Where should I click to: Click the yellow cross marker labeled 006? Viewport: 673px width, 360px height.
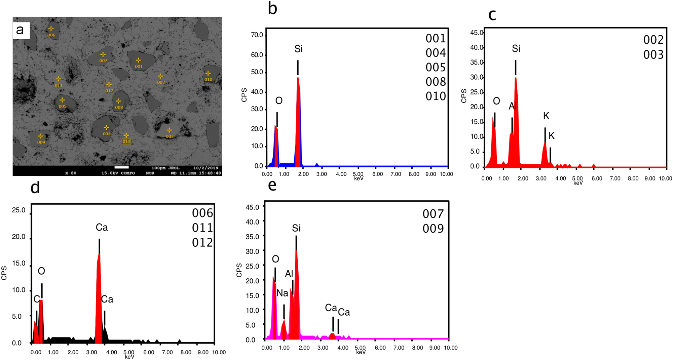[51, 29]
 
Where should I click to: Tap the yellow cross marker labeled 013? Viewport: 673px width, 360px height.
[126, 135]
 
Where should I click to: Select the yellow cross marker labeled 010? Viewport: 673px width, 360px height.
[208, 73]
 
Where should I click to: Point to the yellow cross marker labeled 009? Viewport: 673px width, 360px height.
[41, 136]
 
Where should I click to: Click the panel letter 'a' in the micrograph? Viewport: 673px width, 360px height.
[20, 30]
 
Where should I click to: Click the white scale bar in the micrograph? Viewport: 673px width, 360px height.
[121, 167]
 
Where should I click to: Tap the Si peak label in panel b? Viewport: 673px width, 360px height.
[298, 49]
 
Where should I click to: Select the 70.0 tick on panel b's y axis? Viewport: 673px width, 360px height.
[257, 35]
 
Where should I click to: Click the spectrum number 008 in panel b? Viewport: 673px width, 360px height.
[436, 82]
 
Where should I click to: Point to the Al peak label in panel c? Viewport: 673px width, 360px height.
[513, 107]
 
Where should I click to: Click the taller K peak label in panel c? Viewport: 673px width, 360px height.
[546, 116]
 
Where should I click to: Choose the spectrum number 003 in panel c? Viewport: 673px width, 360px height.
[653, 55]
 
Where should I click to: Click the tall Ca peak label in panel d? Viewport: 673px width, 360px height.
[102, 228]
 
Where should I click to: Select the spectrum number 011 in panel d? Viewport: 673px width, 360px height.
[202, 228]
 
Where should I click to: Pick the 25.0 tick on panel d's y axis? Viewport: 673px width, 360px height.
[18, 210]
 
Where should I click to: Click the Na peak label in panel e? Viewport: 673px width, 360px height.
[282, 293]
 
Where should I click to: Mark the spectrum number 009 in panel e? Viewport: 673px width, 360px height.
[433, 229]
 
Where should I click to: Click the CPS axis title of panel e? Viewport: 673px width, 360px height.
[239, 270]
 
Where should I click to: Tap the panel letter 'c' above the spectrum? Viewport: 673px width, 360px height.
[492, 15]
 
